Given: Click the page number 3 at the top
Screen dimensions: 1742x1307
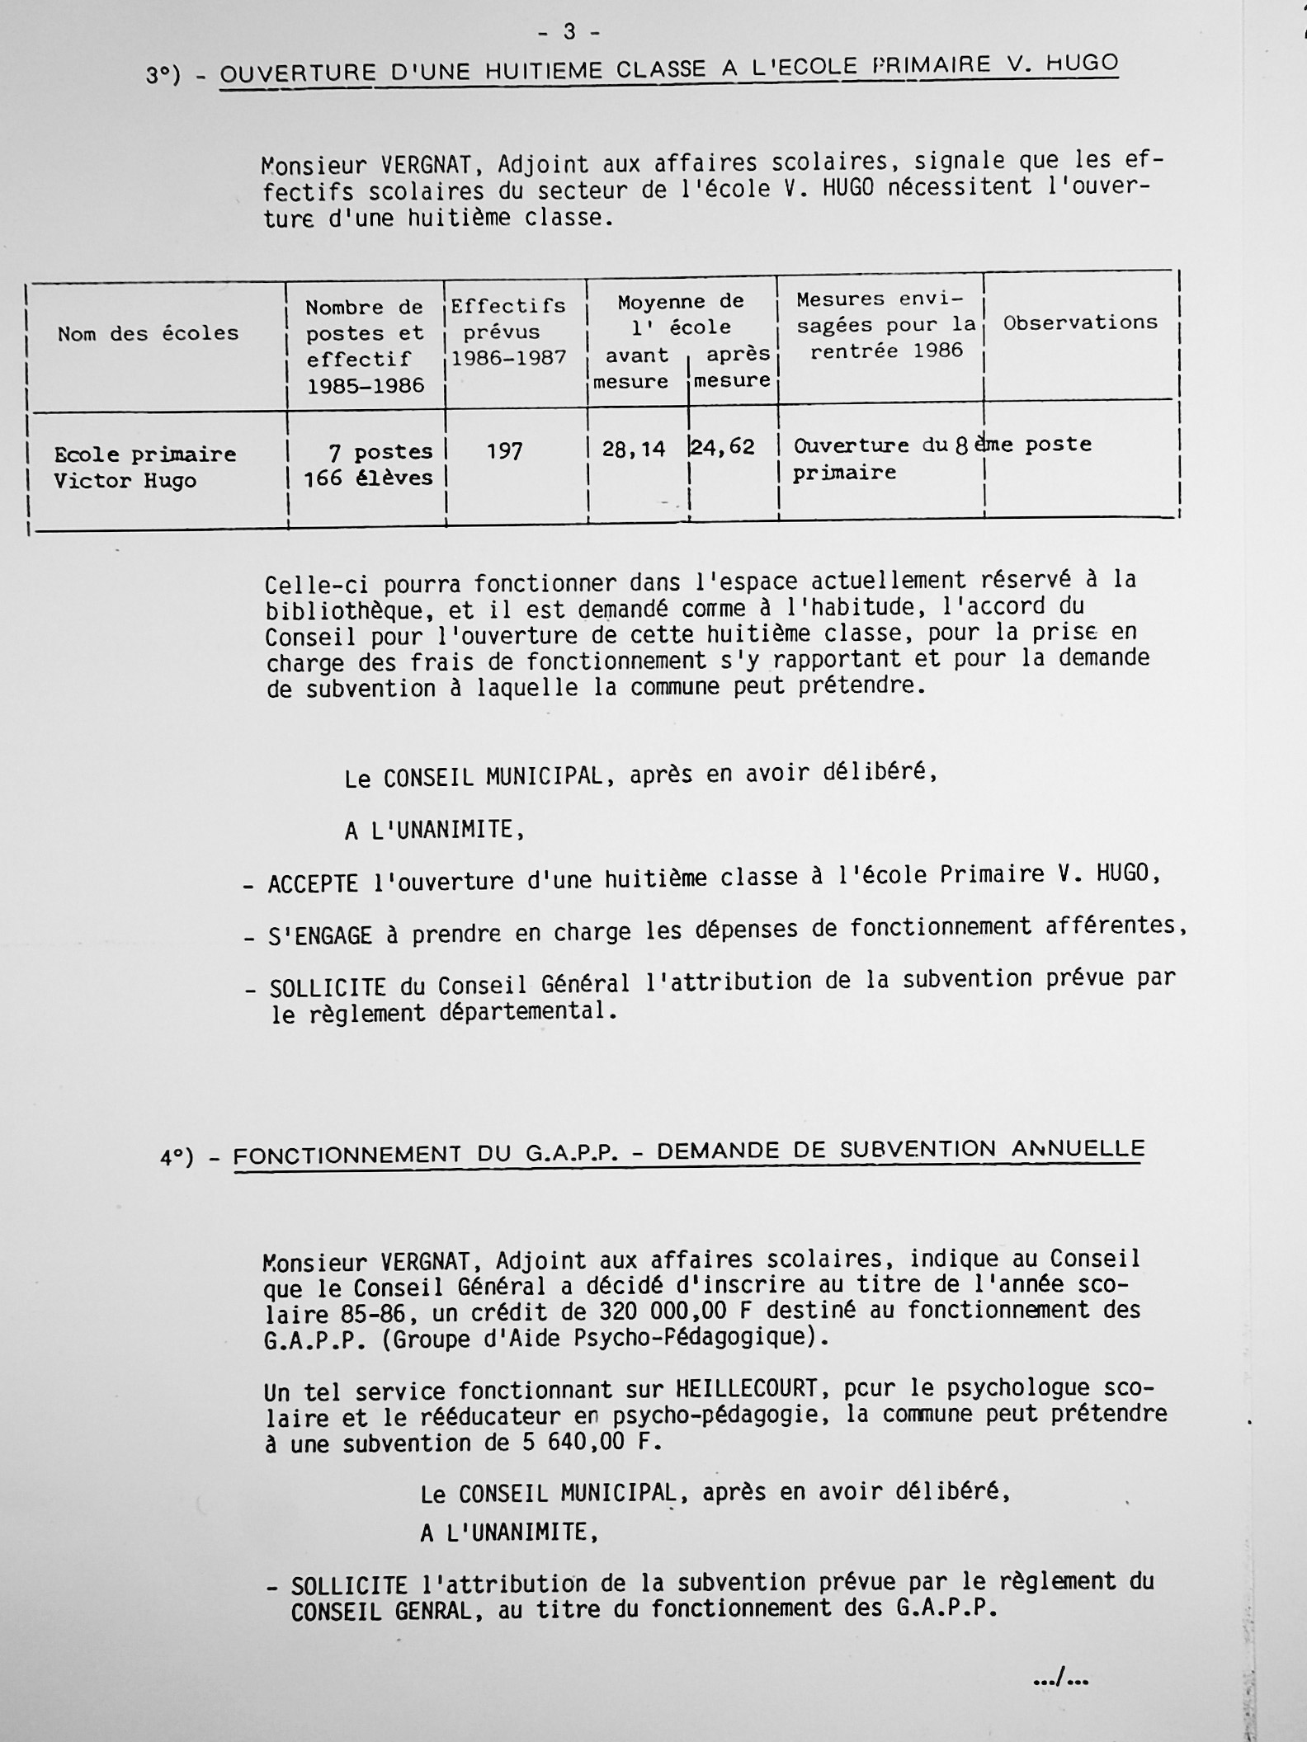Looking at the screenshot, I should point(569,32).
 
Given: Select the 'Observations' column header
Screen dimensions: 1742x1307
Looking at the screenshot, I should point(1080,323).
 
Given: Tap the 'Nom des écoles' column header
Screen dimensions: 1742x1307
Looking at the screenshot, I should point(148,334).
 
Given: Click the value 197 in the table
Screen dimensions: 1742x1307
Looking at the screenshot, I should point(504,451).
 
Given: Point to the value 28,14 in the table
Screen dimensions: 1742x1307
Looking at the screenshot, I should point(634,450).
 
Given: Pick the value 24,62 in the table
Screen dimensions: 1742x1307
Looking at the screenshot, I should point(723,448).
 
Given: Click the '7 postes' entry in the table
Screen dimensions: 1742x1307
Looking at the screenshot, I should point(380,452).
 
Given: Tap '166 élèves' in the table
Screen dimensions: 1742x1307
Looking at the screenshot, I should point(369,478).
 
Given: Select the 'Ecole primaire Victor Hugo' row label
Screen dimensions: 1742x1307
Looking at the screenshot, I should point(144,468).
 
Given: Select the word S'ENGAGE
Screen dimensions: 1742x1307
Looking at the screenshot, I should point(320,936).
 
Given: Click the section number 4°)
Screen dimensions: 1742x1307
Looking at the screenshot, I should point(177,1158).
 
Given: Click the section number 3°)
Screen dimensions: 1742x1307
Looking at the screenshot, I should point(163,76).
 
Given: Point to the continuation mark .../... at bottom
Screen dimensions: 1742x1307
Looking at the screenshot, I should point(1060,1675).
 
